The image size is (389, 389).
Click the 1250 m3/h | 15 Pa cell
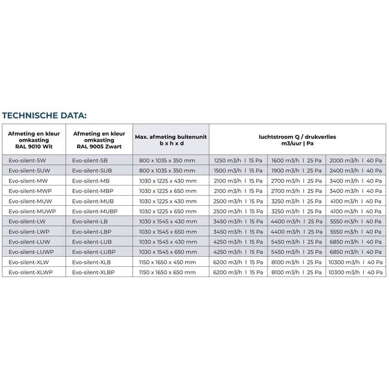click(238, 161)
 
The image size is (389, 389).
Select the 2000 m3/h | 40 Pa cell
click(355, 161)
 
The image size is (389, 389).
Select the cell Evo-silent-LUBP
click(92, 251)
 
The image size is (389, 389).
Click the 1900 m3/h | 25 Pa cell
click(296, 171)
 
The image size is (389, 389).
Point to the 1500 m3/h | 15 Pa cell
click(238, 171)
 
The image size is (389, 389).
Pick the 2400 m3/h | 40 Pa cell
click(355, 171)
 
